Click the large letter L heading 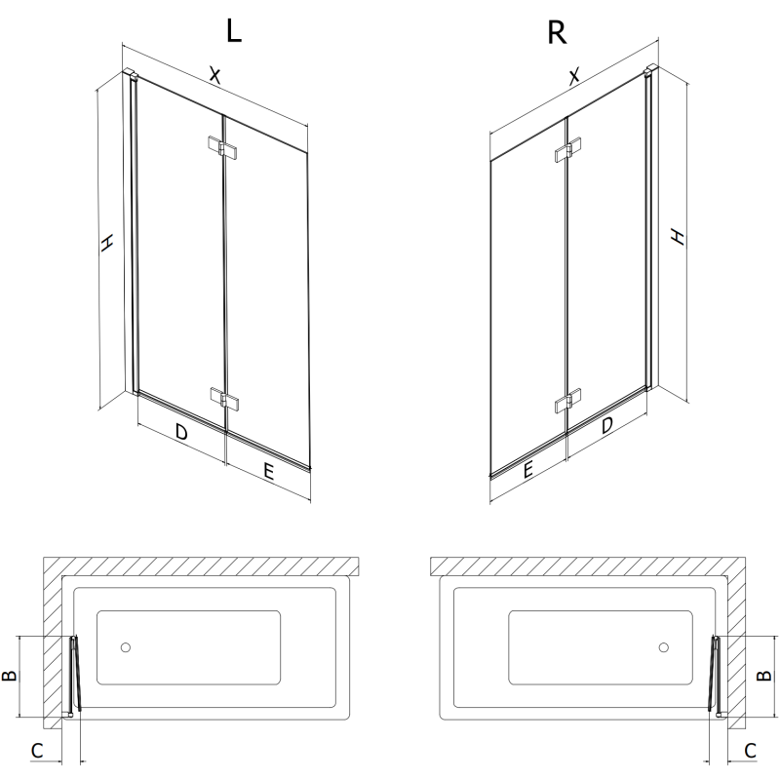coord(233,32)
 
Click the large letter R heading coord(557,32)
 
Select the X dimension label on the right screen coord(575,75)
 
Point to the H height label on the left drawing coord(108,244)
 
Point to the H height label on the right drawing coord(677,237)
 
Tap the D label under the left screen coord(181,432)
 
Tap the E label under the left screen coord(268,472)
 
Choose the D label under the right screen coord(606,426)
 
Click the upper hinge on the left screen coord(223,148)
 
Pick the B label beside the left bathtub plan coord(13,676)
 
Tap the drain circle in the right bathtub coord(663,647)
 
